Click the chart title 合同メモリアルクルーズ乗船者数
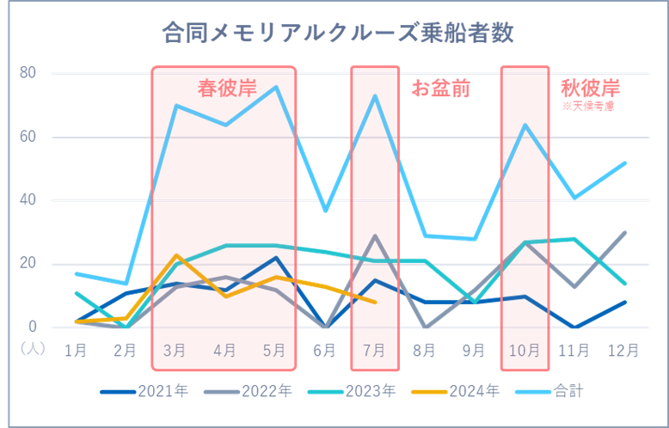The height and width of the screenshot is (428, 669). (337, 34)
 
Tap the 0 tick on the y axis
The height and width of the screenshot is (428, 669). (32, 327)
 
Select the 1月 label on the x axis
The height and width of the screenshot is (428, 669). (75, 350)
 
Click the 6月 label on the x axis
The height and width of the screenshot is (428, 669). (324, 350)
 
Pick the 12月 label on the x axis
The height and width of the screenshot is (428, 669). (623, 350)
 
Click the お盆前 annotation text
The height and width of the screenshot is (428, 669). (440, 89)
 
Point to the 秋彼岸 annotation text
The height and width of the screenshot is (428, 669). (590, 89)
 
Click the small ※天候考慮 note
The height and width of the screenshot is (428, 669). (588, 107)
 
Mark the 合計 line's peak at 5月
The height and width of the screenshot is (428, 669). (275, 86)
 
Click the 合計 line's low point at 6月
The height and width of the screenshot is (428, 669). (324, 210)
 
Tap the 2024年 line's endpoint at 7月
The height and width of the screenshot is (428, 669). (375, 302)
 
